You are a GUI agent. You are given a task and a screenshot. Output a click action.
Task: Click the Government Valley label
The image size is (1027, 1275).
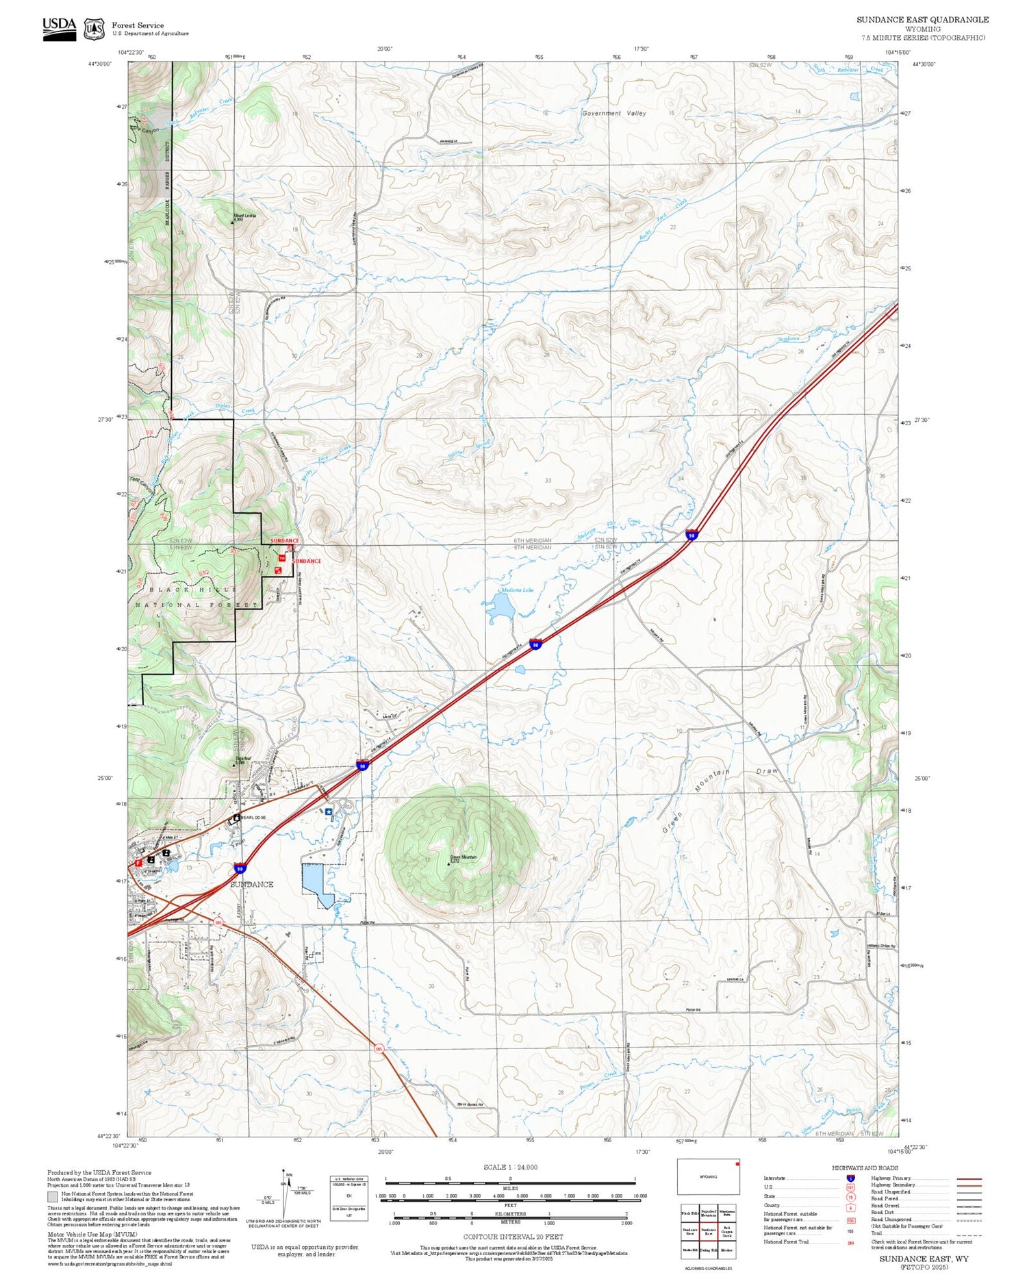coord(614,114)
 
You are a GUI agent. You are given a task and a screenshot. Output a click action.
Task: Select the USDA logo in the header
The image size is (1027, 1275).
coord(60,29)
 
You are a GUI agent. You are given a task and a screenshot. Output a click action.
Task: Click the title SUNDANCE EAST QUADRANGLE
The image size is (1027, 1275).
coord(922,20)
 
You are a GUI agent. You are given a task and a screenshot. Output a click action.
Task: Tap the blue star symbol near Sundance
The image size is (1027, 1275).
coord(329,811)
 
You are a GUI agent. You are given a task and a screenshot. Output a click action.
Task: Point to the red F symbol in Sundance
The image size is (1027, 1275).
coord(138,863)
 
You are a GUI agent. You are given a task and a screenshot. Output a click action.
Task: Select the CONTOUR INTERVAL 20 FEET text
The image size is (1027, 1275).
coord(513,1237)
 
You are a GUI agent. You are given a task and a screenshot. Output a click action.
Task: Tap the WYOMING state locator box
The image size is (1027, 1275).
coord(709,1176)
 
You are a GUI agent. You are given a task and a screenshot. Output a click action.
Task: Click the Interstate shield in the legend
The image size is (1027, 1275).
coord(850,1178)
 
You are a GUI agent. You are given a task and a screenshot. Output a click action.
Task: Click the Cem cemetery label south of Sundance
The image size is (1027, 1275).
coord(317,953)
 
